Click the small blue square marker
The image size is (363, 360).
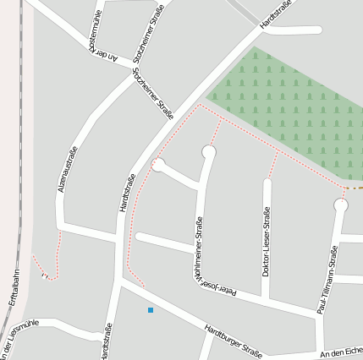[x=151, y=310]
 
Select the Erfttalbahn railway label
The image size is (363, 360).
[x=13, y=287]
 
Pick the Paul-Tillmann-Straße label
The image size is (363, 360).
[x=327, y=280]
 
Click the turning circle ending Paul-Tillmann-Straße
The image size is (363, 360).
[x=341, y=205]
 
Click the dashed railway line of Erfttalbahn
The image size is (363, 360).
[x=19, y=211]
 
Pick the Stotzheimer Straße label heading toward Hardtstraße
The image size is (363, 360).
[x=153, y=92]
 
